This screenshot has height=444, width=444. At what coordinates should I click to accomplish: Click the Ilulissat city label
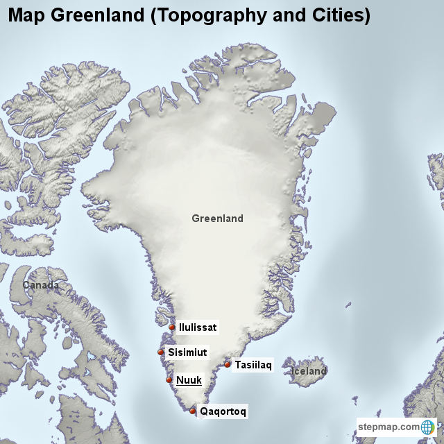click(x=198, y=327)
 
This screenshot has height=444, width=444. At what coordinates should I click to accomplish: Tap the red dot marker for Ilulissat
click(x=172, y=327)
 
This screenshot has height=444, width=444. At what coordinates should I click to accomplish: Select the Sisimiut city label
click(x=187, y=352)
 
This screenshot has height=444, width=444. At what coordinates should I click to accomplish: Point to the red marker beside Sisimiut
click(x=161, y=352)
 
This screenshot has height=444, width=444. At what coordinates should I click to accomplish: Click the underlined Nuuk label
click(x=189, y=379)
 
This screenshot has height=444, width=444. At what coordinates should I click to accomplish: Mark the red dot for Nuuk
click(x=169, y=379)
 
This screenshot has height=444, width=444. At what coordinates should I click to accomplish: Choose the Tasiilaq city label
click(x=253, y=364)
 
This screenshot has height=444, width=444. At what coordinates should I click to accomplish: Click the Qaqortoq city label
click(x=223, y=411)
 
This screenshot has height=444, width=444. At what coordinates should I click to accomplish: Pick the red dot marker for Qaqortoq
click(x=193, y=411)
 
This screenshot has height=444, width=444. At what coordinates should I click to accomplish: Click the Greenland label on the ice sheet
click(x=217, y=219)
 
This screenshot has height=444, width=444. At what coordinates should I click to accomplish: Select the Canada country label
click(x=40, y=285)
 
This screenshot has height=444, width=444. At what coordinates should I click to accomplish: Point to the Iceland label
click(x=309, y=371)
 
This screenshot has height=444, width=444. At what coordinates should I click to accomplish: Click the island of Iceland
click(x=309, y=362)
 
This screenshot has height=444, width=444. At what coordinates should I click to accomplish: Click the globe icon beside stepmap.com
click(x=427, y=427)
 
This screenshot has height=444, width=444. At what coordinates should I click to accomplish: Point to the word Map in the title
click(x=26, y=15)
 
